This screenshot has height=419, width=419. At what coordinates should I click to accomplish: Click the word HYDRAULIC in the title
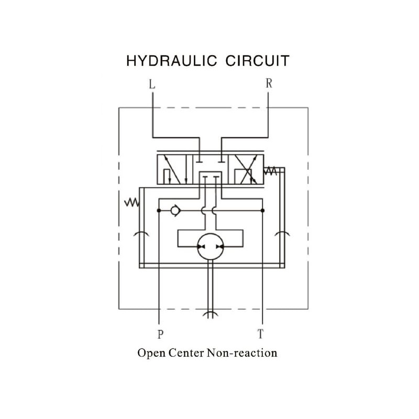172,61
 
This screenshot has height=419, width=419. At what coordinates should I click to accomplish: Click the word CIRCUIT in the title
257,61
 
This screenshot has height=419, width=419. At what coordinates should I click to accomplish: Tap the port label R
269,83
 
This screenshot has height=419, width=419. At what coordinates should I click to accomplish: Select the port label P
159,333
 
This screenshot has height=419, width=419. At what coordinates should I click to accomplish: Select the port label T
260,333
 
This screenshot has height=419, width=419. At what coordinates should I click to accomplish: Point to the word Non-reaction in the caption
242,352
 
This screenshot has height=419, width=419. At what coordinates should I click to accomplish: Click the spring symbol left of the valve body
131,202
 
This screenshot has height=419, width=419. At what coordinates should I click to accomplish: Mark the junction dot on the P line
158,211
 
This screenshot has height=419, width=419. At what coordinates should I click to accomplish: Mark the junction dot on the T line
262,211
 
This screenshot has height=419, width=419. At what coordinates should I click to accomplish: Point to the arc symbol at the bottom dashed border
210,314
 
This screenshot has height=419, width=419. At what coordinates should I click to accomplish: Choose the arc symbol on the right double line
282,233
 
